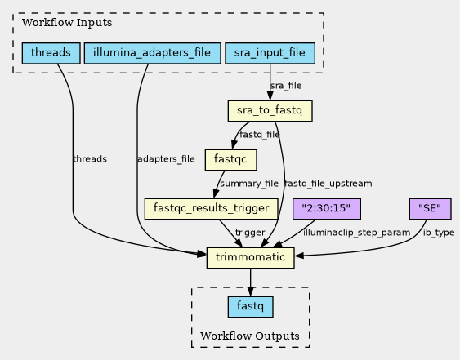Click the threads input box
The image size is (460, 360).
pos(51,53)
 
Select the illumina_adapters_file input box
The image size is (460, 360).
pos(152,53)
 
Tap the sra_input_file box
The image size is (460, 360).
pos(270,53)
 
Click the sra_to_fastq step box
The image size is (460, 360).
pos(270,111)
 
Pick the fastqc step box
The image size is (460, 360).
pos(231,160)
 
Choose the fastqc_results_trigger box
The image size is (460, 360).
pos(212,209)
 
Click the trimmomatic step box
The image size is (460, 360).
pos(250,258)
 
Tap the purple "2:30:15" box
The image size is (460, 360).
pos(327,209)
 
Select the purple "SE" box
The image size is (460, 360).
pos(430,209)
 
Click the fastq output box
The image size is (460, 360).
pos(250,307)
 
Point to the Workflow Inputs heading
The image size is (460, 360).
pos(67,23)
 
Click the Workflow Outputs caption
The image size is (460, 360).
pos(250,336)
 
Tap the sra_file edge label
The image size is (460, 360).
pos(286,86)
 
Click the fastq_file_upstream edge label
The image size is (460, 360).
pos(328,184)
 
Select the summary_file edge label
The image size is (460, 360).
pos(249,184)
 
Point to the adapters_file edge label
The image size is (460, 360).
pos(166,159)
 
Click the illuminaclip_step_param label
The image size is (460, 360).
pos(357,233)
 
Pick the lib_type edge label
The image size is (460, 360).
pos(438,233)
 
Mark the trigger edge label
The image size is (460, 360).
pos(250,233)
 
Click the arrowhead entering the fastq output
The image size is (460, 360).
pos(250,292)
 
